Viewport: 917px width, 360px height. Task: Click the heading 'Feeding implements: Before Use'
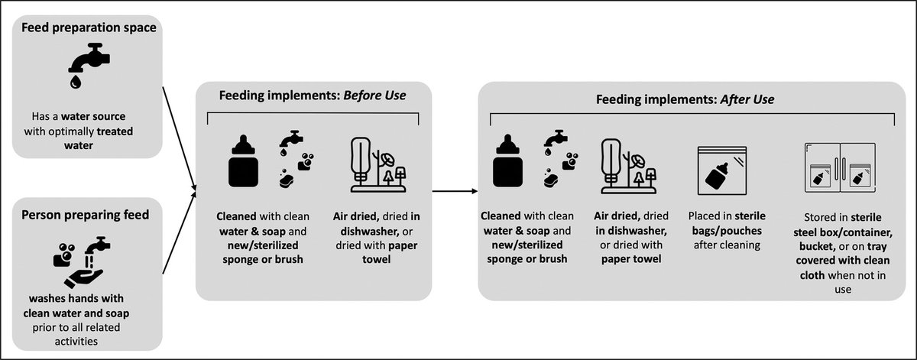pyautogui.click(x=313, y=96)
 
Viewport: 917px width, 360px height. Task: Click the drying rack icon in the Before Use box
pyautogui.click(x=377, y=164)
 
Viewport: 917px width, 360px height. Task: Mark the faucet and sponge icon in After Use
pyautogui.click(x=560, y=159)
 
